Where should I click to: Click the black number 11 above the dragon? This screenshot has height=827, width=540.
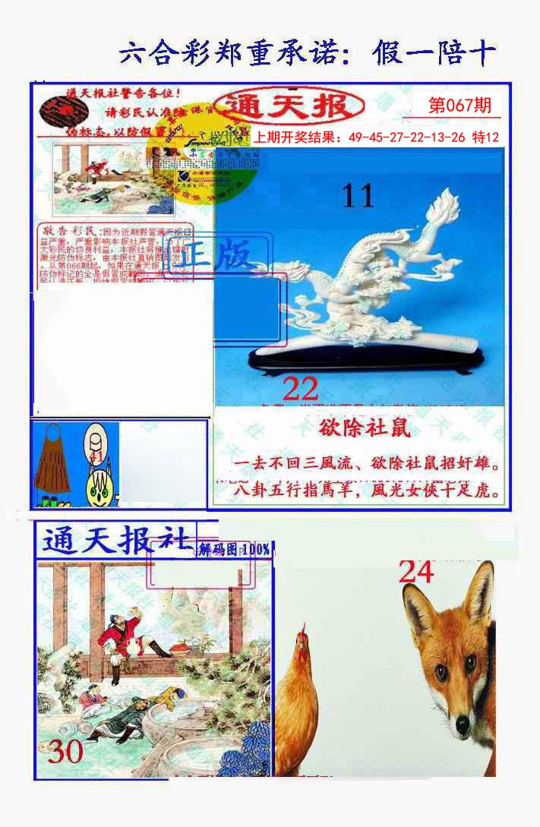358,196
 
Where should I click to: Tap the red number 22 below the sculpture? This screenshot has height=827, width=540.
300,390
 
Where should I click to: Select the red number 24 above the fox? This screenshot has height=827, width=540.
416,572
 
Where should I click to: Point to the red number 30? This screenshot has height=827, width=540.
65,752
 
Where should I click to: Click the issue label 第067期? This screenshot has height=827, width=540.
459,106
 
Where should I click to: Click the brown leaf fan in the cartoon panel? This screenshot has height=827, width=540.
52,467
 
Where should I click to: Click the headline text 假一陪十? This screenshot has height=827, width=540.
434,54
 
